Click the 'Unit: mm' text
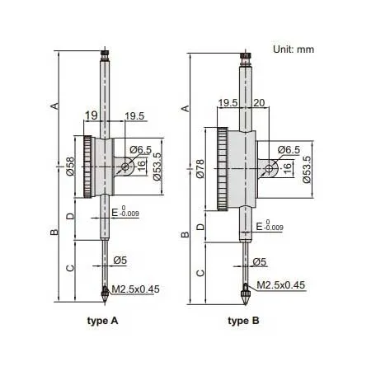point(294,49)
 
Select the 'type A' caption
point(104,320)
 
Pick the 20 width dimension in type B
point(261,103)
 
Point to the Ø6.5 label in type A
point(141,149)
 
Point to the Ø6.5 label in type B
point(289,149)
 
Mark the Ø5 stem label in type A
point(120,262)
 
